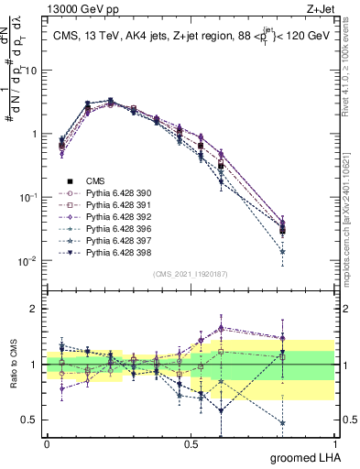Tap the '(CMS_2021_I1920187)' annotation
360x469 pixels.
[x=191, y=274]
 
